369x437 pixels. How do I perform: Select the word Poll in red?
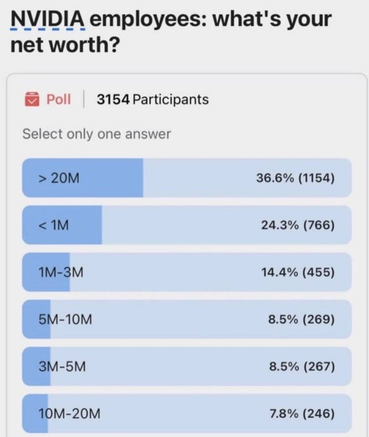pyautogui.click(x=59, y=100)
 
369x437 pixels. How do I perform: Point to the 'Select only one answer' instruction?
pyautogui.click(x=96, y=134)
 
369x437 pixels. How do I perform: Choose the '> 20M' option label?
pyautogui.click(x=59, y=178)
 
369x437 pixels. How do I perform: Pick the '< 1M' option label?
pyautogui.click(x=54, y=225)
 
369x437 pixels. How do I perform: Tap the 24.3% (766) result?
pyautogui.click(x=298, y=225)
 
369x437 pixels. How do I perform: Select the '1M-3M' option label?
pyautogui.click(x=60, y=272)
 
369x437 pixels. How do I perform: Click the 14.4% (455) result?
pyautogui.click(x=298, y=272)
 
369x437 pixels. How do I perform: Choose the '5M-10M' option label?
pyautogui.click(x=65, y=320)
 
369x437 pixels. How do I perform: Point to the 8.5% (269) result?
pyautogui.click(x=302, y=320)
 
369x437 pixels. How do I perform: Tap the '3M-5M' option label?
pyautogui.click(x=62, y=367)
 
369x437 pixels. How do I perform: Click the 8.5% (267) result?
pyautogui.click(x=302, y=367)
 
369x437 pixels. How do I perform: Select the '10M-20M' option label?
pyautogui.click(x=69, y=414)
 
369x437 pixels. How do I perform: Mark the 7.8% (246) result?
pyautogui.click(x=302, y=414)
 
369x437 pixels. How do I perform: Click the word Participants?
pyautogui.click(x=171, y=100)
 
